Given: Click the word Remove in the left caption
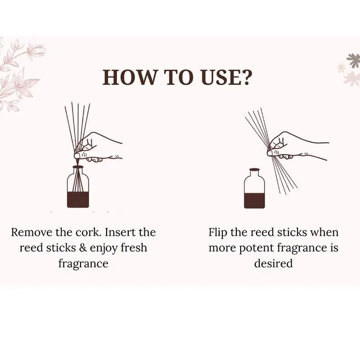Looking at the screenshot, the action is (x=31, y=232).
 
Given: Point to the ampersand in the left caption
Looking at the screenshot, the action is (x=83, y=248).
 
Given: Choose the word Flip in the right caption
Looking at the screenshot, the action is (x=218, y=233).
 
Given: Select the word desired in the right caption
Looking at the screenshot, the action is (x=274, y=263).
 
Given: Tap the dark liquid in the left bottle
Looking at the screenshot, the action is (x=78, y=199).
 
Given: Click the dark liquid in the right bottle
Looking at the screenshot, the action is (x=254, y=200).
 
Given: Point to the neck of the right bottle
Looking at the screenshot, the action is (x=254, y=173).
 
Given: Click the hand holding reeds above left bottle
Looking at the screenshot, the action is (x=98, y=147).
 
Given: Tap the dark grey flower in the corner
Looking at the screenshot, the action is (x=354, y=60).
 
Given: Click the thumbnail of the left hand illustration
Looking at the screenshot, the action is (x=77, y=156).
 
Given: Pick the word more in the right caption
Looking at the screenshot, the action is (x=222, y=248).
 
